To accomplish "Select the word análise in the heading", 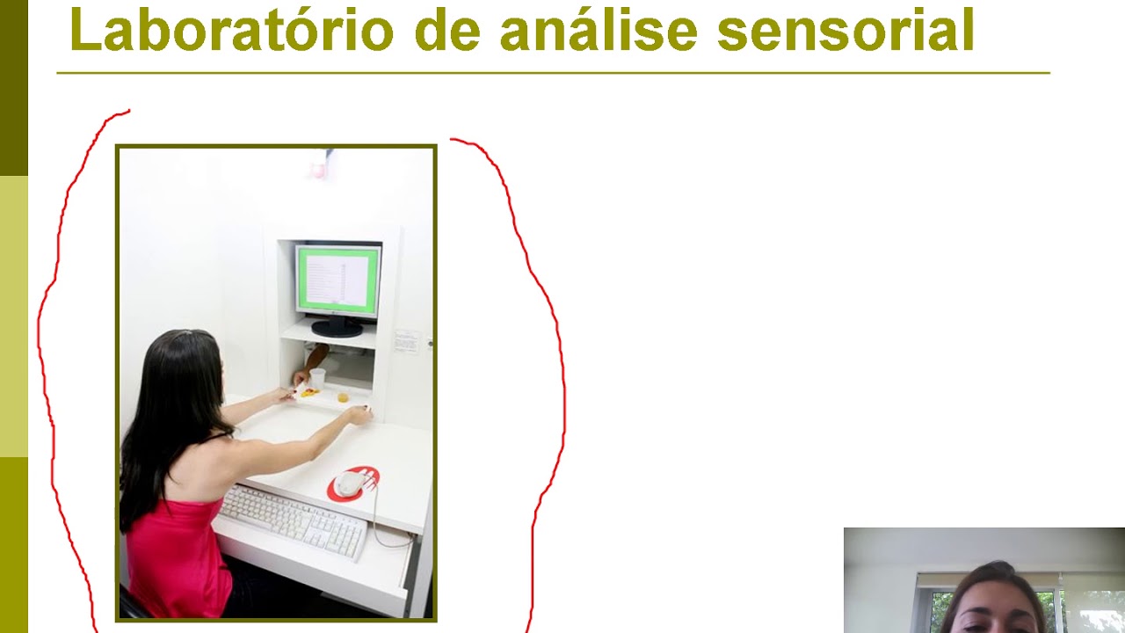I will [x=598, y=31].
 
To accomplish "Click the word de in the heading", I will [x=446, y=31].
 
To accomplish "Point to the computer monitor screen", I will [x=338, y=280].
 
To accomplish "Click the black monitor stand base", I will [x=337, y=329].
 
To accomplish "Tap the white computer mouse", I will [x=349, y=483].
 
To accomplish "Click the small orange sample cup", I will [x=343, y=397].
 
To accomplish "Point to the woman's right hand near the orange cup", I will [x=359, y=414].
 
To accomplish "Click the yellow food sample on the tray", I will [x=308, y=393].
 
